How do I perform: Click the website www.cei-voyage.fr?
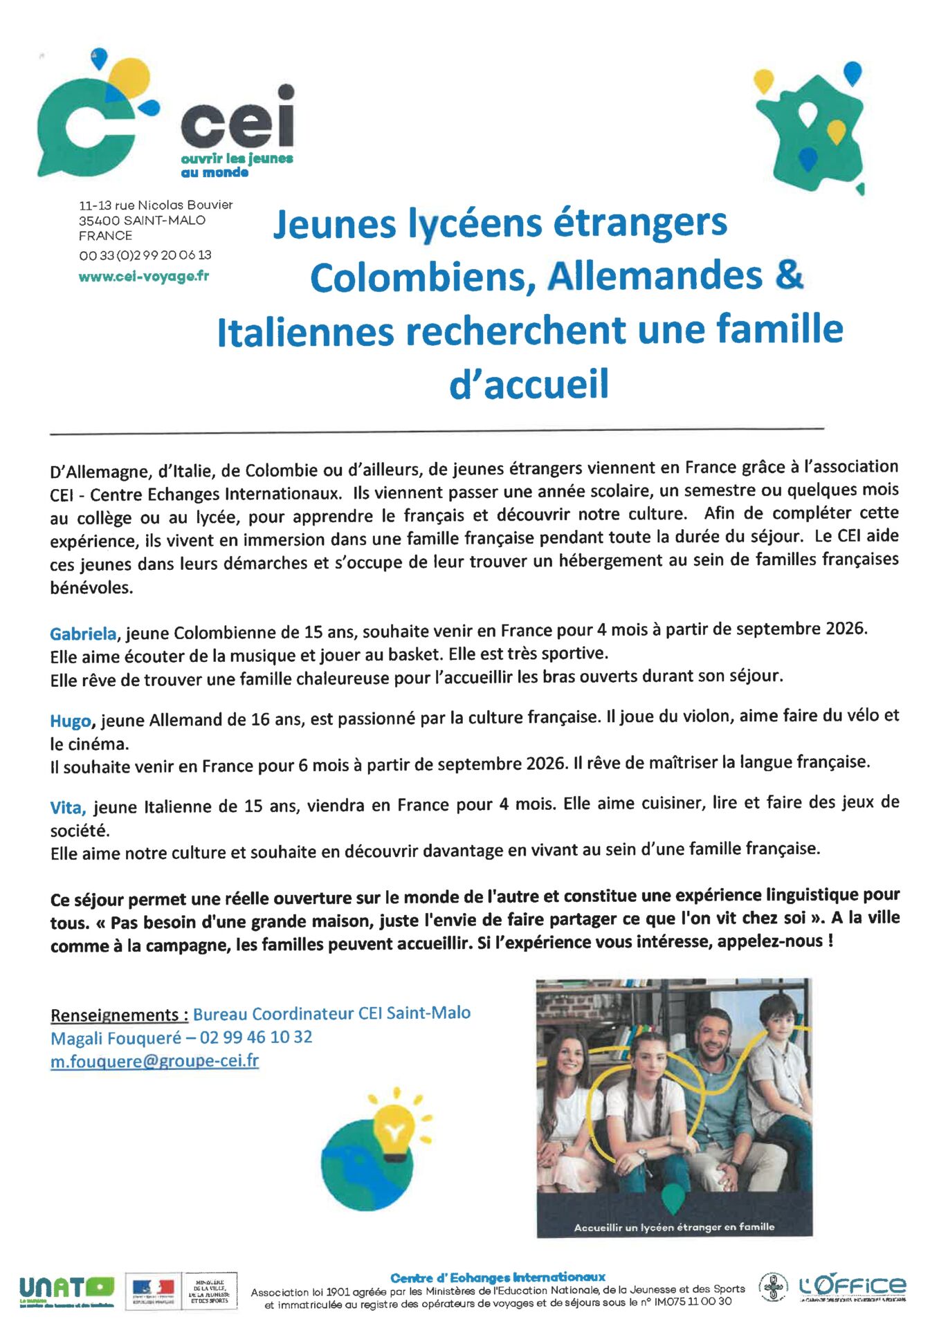(x=143, y=277)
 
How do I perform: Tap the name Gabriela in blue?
(x=83, y=634)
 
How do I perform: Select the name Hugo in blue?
(x=71, y=721)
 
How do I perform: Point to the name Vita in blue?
(x=68, y=807)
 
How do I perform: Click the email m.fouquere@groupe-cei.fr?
(x=154, y=1061)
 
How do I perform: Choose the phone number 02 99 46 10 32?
(x=256, y=1037)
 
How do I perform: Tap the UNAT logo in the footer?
(x=66, y=1287)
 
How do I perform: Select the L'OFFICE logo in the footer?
(x=852, y=1286)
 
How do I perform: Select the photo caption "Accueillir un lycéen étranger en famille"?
(x=674, y=1227)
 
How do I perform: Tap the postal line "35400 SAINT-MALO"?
(x=142, y=220)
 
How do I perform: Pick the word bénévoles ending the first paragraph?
(x=91, y=588)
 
